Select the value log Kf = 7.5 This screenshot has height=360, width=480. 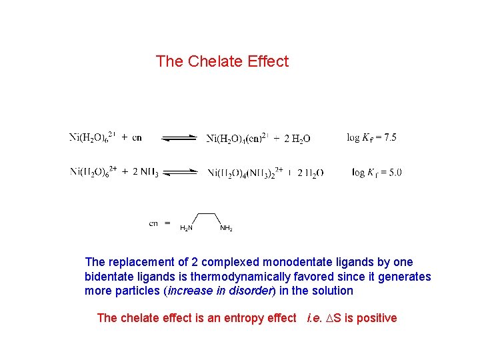pyautogui.click(x=371, y=137)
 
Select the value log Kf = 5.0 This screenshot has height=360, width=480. pyautogui.click(x=377, y=173)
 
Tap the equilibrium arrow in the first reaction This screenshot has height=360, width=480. pyautogui.click(x=180, y=138)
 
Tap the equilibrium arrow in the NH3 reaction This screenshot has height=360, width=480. pyautogui.click(x=180, y=173)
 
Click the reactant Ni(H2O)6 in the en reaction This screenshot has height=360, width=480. pyautogui.click(x=93, y=138)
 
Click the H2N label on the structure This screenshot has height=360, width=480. pyautogui.click(x=187, y=228)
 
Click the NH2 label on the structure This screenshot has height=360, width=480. pyautogui.click(x=226, y=228)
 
